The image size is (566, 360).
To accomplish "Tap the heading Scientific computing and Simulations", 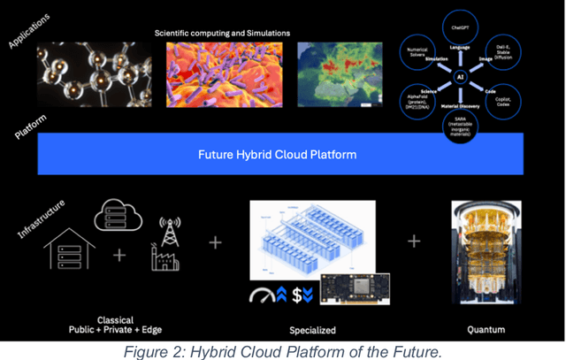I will tap(222, 33).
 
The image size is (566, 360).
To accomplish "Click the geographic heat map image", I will tap(340, 74).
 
